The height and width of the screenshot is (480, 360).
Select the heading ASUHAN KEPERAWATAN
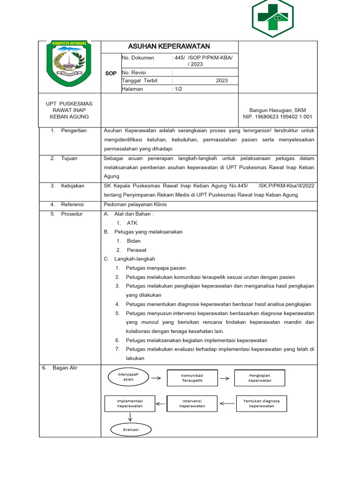(169, 46)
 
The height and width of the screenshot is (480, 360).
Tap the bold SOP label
(111, 74)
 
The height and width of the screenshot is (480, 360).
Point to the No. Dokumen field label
(138, 58)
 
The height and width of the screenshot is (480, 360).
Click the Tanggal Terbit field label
(140, 81)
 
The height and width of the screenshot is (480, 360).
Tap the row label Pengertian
(74, 131)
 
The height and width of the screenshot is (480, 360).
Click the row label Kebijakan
(73, 186)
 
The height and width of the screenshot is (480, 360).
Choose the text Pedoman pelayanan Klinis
(135, 204)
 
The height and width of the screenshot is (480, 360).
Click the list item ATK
(132, 223)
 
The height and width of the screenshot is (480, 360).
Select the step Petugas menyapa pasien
(156, 268)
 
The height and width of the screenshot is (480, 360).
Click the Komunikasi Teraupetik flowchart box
(192, 378)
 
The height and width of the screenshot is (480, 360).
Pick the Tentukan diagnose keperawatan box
(261, 404)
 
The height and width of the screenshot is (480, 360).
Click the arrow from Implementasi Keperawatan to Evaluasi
(130, 417)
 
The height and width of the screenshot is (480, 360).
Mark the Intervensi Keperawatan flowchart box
(192, 404)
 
